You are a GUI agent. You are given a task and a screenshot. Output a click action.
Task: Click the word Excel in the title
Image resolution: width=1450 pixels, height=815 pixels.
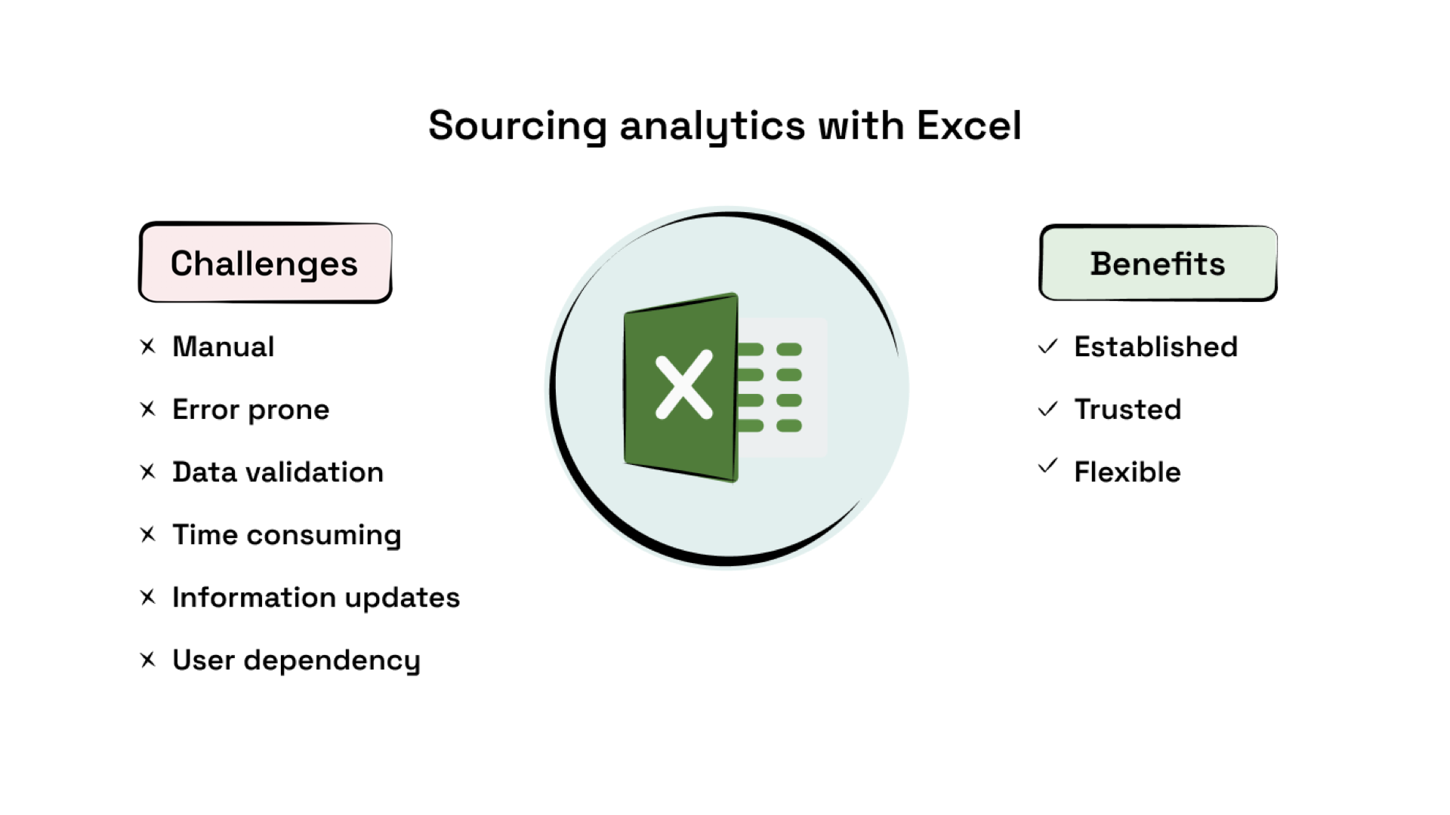click(x=969, y=125)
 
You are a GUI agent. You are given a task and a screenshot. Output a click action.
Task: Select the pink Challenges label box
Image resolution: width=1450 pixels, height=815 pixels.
click(x=265, y=263)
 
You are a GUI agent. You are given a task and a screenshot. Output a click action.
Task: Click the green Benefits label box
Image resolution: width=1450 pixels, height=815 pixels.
click(x=1158, y=263)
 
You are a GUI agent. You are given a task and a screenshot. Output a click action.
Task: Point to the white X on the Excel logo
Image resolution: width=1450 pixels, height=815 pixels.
click(x=683, y=385)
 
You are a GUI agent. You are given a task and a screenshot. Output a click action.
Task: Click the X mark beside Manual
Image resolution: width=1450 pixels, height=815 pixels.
click(x=148, y=346)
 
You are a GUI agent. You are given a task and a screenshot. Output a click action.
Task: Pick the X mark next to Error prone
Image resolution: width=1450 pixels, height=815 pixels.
click(x=148, y=409)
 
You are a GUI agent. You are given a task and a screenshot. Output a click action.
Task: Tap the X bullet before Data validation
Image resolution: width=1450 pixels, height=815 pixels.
click(x=148, y=472)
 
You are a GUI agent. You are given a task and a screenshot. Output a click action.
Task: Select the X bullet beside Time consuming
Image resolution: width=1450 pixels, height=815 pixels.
click(x=148, y=534)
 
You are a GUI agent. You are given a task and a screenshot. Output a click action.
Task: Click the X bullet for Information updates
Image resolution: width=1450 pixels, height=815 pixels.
click(x=148, y=597)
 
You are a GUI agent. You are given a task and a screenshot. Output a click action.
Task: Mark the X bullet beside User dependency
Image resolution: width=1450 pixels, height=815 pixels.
click(x=148, y=660)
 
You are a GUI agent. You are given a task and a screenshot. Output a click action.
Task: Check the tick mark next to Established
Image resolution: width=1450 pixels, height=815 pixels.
click(x=1047, y=346)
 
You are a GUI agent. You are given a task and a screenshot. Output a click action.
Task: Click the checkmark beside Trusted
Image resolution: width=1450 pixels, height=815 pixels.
click(x=1047, y=409)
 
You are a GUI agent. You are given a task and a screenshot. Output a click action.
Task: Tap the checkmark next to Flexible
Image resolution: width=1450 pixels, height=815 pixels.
click(x=1047, y=466)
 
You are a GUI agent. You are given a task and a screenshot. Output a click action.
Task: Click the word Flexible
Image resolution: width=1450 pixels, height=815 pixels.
click(x=1128, y=472)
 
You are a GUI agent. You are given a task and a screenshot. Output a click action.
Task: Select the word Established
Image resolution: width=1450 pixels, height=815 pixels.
click(x=1155, y=346)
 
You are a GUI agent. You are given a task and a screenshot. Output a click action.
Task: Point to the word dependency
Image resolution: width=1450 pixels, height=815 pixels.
click(x=332, y=660)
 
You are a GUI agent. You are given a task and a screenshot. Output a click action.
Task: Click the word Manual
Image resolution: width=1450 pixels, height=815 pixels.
click(x=224, y=346)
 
